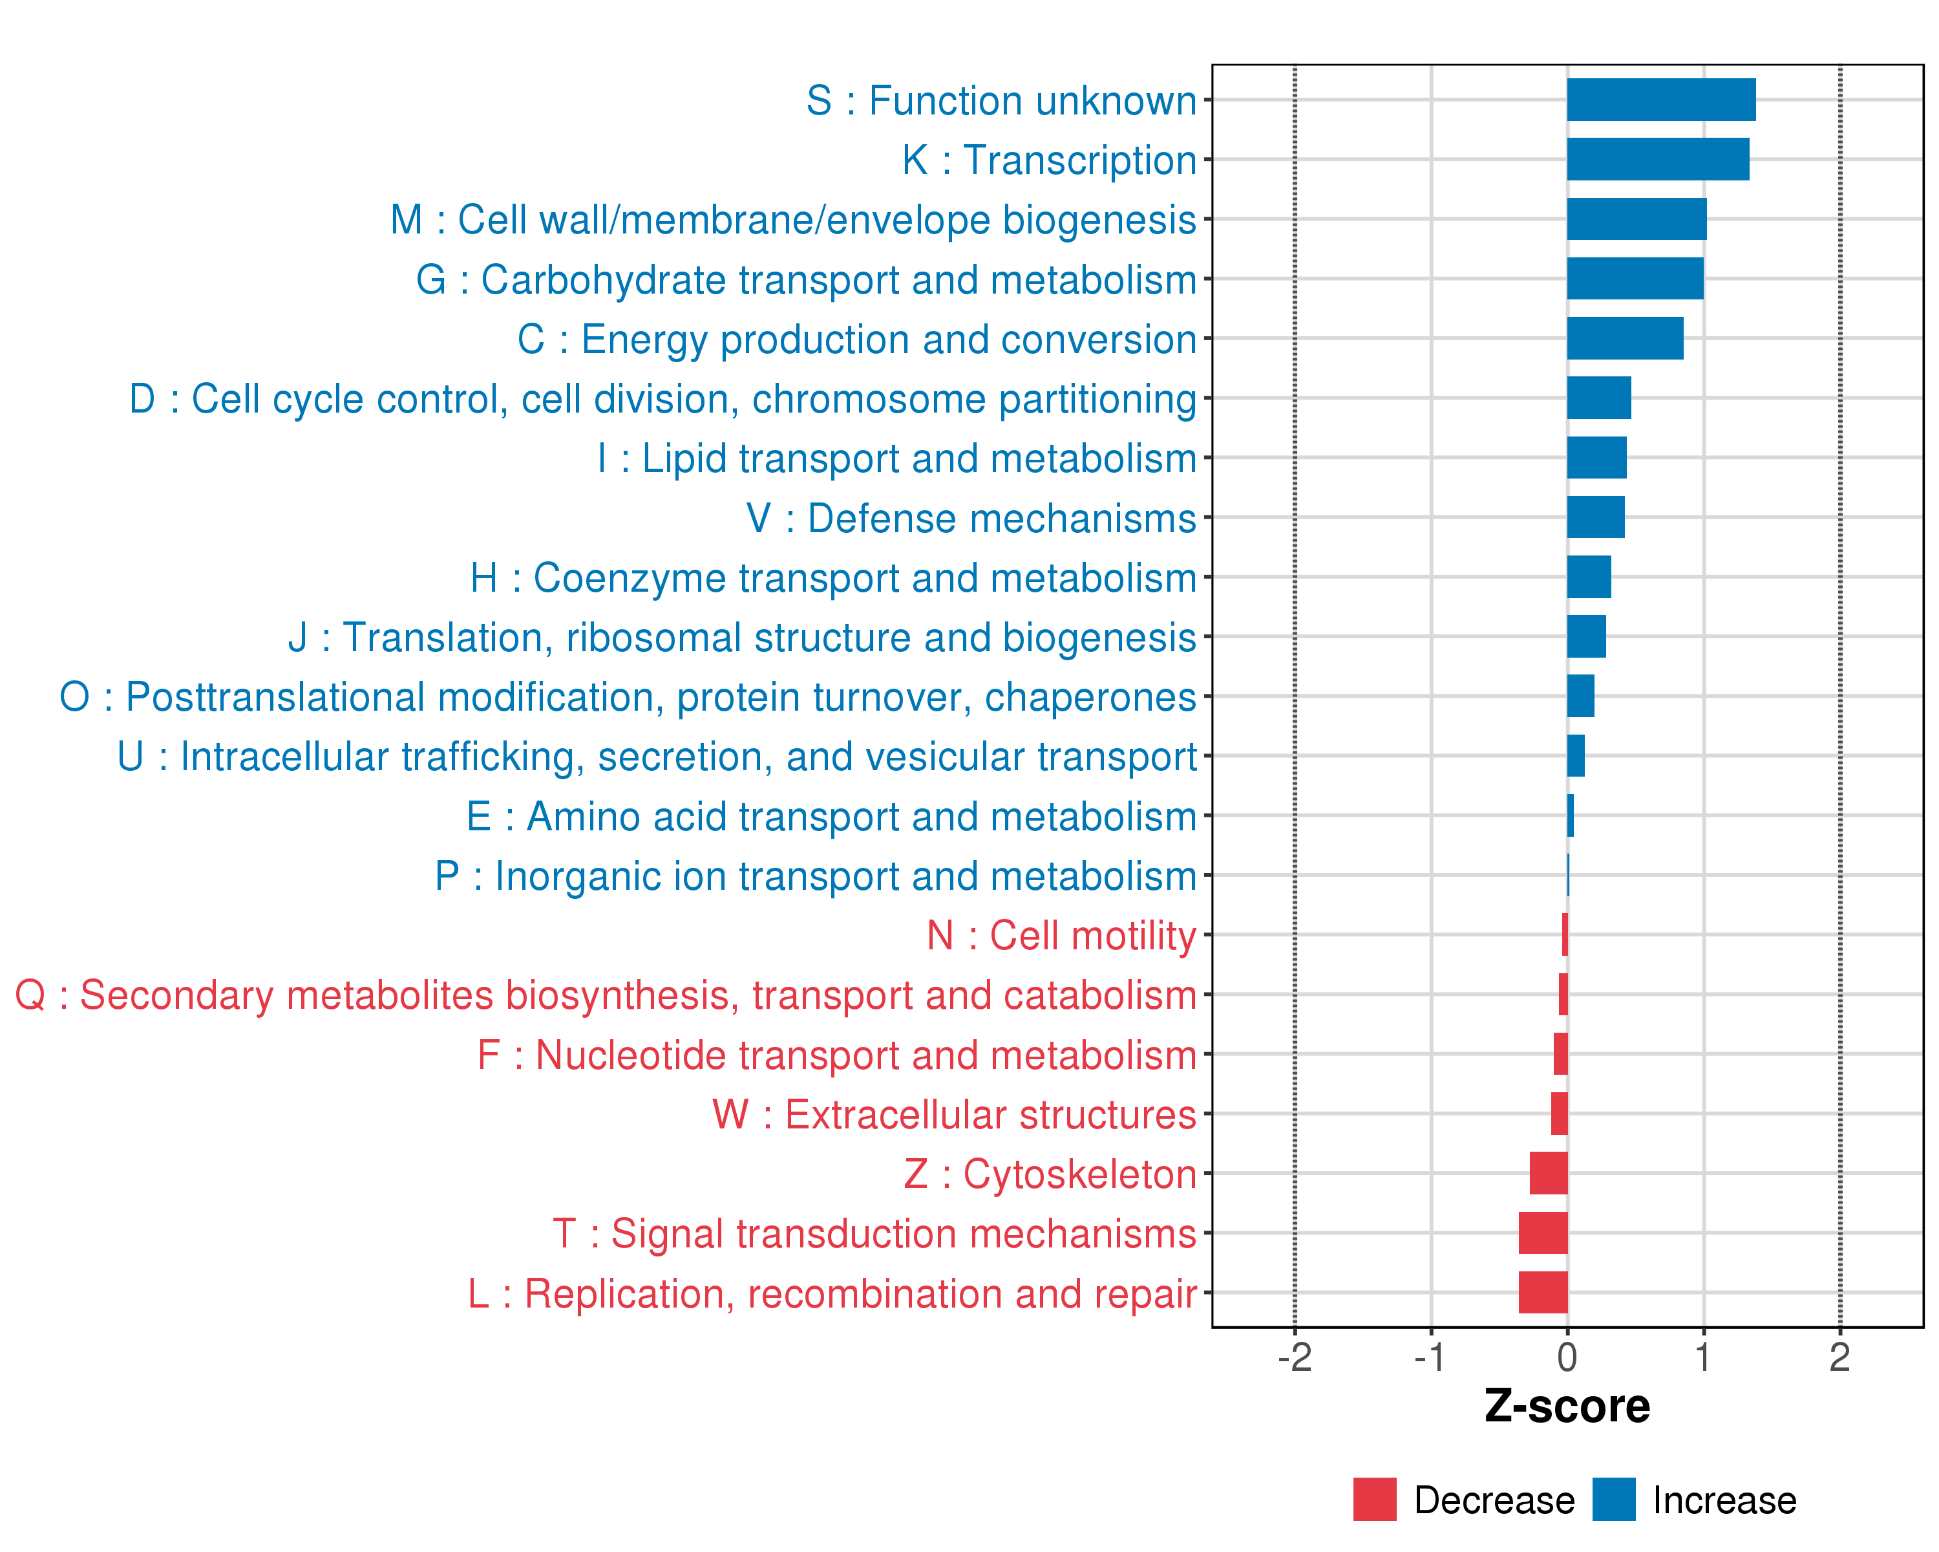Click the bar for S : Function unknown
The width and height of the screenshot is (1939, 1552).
[x=1660, y=100]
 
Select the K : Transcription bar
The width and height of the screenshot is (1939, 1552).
[x=1657, y=159]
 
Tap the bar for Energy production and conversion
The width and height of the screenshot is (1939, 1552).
[x=1624, y=338]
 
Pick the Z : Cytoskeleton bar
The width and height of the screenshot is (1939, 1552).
[x=1548, y=1173]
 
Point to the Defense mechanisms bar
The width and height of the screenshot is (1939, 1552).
[x=1595, y=517]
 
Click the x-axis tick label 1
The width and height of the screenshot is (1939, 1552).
[x=1702, y=1357]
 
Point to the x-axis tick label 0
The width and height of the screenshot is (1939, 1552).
[x=1567, y=1357]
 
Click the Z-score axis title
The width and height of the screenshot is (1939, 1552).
[x=1567, y=1406]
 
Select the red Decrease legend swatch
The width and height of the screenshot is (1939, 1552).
[x=1374, y=1500]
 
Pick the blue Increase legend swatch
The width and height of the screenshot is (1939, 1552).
[x=1613, y=1500]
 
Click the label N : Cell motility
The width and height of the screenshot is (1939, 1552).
[x=1061, y=936]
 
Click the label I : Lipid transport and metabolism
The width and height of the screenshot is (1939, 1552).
[x=896, y=459]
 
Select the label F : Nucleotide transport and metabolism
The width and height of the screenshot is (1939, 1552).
[x=836, y=1055]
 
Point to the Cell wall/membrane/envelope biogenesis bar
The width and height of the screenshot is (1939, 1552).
[x=1636, y=219]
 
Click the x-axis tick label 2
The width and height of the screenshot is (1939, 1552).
[x=1839, y=1357]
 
